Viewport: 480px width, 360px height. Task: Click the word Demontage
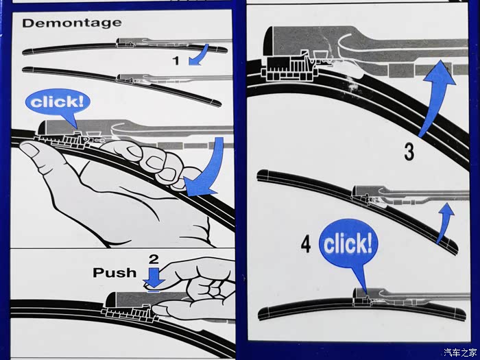pos(71,23)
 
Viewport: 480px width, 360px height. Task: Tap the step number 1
pos(176,60)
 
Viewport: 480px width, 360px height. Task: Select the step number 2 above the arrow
pos(154,259)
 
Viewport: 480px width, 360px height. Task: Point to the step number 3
pos(409,152)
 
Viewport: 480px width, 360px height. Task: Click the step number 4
pos(306,244)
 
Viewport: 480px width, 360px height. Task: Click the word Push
pos(115,272)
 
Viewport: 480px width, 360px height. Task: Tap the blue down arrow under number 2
pos(154,278)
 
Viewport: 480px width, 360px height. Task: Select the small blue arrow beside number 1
pos(199,54)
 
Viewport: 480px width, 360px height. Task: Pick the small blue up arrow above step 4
pos(445,222)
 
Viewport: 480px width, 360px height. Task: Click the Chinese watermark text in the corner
pos(460,352)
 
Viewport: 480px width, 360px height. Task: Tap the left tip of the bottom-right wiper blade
pos(260,315)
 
